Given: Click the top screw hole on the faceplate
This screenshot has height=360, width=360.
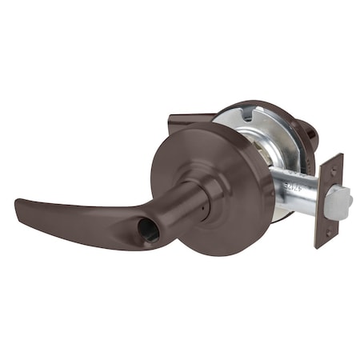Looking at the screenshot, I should click(x=334, y=169).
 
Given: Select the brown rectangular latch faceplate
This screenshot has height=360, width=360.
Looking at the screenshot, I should click(x=329, y=200).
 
